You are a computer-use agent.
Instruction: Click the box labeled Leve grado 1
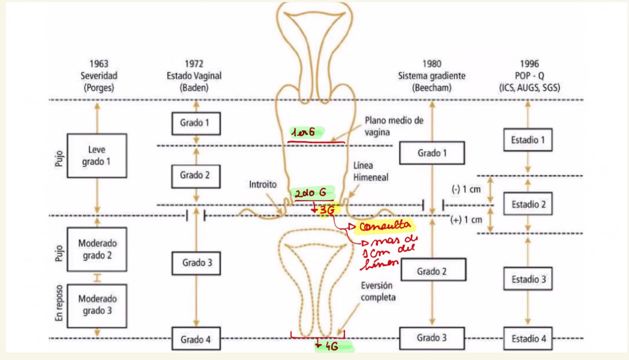point(97,155)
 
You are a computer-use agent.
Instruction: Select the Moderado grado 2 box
point(97,250)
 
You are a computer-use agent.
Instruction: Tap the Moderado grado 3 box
point(97,305)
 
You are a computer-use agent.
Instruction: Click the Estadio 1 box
point(528,139)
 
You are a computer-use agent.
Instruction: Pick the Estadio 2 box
point(528,205)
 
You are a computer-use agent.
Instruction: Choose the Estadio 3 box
point(528,279)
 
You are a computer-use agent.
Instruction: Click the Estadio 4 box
point(528,338)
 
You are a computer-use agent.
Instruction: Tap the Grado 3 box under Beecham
point(432,338)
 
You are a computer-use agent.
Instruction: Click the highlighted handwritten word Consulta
point(383,227)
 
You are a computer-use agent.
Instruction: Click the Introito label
point(263,185)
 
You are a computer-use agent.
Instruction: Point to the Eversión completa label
point(378,292)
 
